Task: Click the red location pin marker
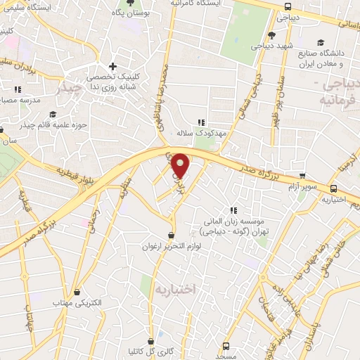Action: [x=181, y=165]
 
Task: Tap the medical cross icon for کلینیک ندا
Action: [x=112, y=65]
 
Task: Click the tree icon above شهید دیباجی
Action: [x=271, y=34]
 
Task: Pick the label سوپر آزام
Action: [x=302, y=186]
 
